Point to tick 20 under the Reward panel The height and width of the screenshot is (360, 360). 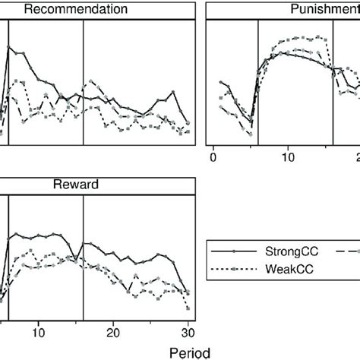(113, 332)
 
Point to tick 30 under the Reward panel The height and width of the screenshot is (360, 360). (188, 332)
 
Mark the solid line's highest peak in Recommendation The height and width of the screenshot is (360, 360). (9, 46)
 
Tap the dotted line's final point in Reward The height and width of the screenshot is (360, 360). (188, 308)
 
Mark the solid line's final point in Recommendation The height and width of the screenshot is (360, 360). (188, 122)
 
